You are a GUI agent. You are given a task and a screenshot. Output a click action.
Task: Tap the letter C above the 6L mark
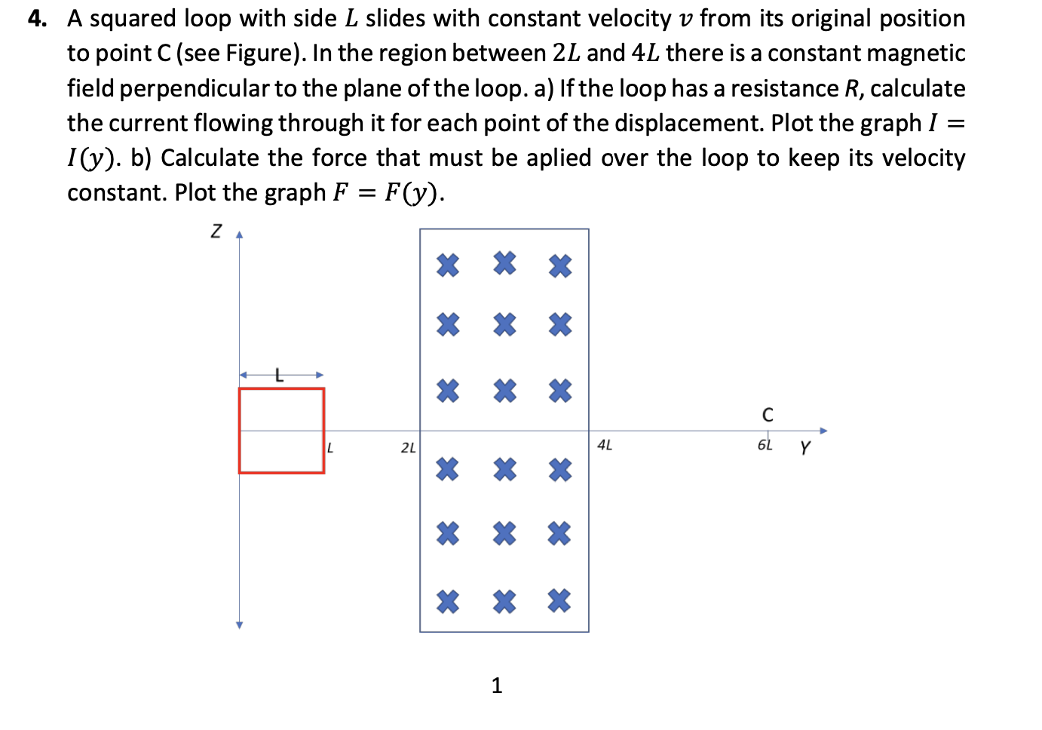(x=768, y=415)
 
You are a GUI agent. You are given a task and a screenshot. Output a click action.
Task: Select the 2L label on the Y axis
(x=408, y=448)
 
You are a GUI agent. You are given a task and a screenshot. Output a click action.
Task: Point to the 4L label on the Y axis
(x=605, y=446)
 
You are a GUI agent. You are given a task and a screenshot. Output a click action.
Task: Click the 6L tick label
(x=765, y=445)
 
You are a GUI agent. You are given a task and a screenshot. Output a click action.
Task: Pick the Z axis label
(x=216, y=231)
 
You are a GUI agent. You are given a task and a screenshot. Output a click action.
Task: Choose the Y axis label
(x=805, y=448)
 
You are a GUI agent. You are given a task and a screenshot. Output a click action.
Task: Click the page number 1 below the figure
(x=496, y=685)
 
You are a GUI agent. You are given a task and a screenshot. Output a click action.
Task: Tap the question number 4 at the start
(x=35, y=19)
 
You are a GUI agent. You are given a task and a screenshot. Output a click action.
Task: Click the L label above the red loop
(x=279, y=374)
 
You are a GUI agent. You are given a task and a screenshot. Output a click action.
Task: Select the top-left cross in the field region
(x=448, y=265)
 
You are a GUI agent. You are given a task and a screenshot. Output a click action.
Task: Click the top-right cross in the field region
(x=560, y=265)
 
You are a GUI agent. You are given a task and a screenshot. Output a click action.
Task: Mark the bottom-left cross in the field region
(x=448, y=601)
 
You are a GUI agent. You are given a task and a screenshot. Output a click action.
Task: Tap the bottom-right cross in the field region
(x=559, y=600)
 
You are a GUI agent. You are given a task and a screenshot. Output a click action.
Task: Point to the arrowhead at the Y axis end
(x=823, y=431)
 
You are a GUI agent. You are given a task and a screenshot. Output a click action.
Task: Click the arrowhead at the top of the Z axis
(x=239, y=235)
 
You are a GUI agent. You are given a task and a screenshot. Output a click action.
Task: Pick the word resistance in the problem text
(x=783, y=89)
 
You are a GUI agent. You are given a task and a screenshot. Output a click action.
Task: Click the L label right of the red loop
(x=330, y=448)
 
